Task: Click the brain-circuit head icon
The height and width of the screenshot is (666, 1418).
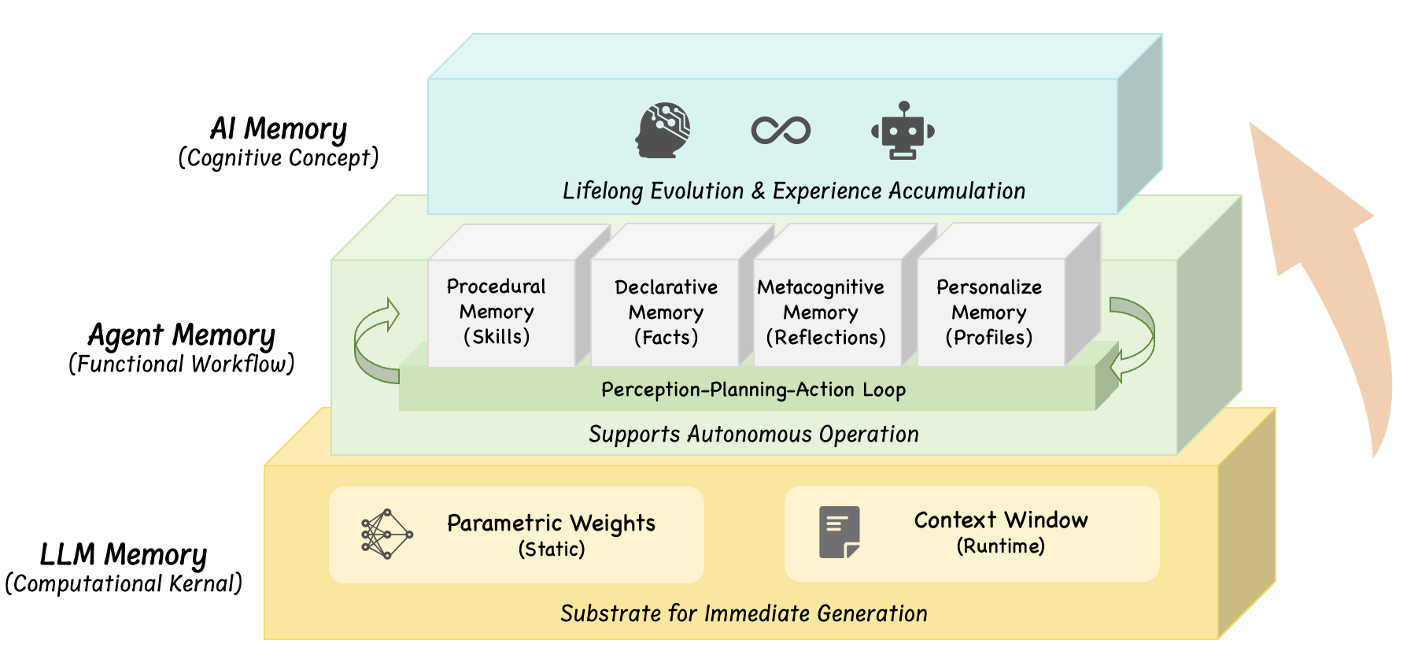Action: point(663,130)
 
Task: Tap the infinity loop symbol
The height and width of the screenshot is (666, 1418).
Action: point(781,130)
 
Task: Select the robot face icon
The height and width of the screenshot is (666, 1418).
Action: point(903,131)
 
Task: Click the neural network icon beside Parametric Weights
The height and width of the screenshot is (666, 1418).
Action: point(386,535)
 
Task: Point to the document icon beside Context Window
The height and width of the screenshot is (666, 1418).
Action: point(839,532)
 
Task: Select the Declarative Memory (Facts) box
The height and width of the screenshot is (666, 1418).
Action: point(666,313)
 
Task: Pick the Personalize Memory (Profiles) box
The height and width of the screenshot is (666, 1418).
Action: point(989,313)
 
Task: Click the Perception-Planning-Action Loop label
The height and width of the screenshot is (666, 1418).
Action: point(753,390)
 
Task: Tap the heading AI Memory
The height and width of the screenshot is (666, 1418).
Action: point(279,128)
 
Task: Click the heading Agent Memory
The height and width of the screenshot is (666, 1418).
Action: point(182,335)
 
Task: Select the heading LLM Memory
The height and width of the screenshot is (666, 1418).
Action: point(124,554)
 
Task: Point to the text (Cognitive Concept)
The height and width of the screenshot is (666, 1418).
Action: point(279,158)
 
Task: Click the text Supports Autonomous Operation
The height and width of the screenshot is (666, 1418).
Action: point(753,434)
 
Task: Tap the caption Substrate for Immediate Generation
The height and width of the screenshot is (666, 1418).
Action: point(744,613)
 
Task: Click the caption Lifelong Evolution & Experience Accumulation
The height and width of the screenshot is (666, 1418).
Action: point(793,191)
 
